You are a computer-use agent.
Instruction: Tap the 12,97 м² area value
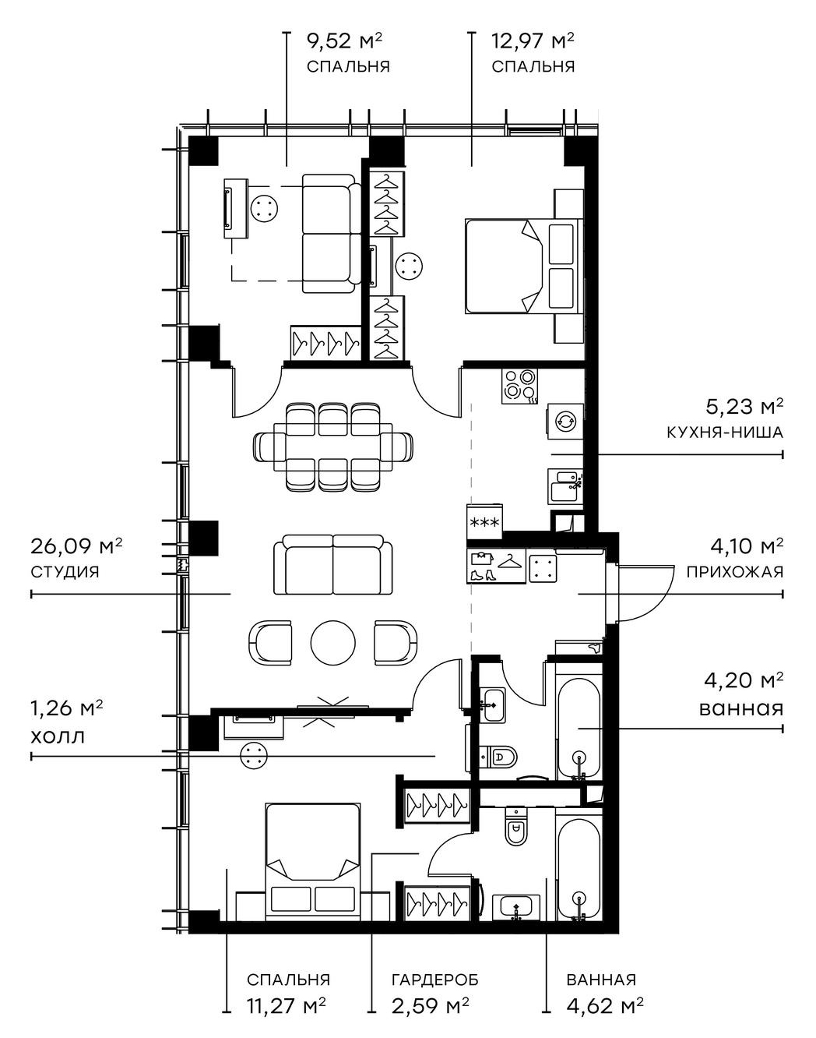533,41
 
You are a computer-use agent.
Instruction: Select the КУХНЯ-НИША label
724,432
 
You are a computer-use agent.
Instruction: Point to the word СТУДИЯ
65,571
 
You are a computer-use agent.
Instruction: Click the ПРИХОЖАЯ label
734,571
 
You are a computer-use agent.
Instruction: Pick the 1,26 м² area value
67,708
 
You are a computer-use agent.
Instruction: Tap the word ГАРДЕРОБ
434,980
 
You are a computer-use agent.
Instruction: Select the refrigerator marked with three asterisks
485,521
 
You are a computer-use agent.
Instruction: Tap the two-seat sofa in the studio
333,564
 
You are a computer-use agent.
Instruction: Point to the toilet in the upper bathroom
499,755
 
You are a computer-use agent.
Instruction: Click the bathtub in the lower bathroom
578,868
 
